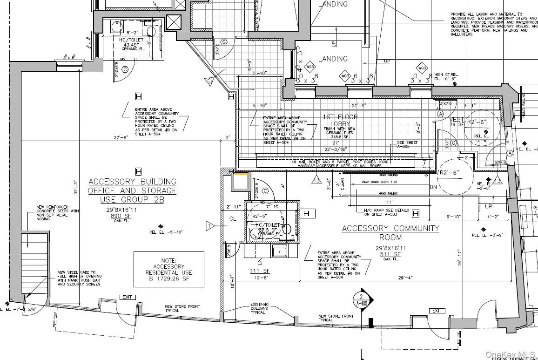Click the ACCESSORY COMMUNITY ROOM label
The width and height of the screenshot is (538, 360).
pos(390,233)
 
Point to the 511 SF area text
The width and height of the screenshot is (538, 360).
pos(390,254)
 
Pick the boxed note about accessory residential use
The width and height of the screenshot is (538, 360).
pos(168,269)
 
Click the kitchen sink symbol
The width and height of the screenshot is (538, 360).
pos(279,252)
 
